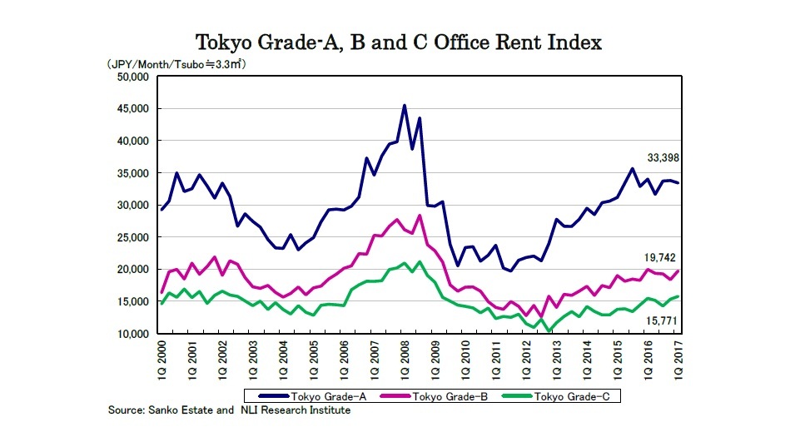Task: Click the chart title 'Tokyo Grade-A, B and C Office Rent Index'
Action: click(x=398, y=42)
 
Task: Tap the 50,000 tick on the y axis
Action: click(x=130, y=77)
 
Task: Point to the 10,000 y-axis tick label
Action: click(x=130, y=334)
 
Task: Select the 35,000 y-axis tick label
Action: click(x=130, y=173)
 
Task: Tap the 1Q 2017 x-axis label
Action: click(x=678, y=359)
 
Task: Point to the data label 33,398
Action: click(x=664, y=157)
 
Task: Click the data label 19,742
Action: click(x=664, y=259)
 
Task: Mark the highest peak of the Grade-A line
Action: click(x=405, y=106)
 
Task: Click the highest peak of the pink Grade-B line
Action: click(x=420, y=216)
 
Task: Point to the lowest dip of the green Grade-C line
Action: click(x=549, y=331)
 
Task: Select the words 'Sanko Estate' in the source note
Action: click(x=184, y=410)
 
